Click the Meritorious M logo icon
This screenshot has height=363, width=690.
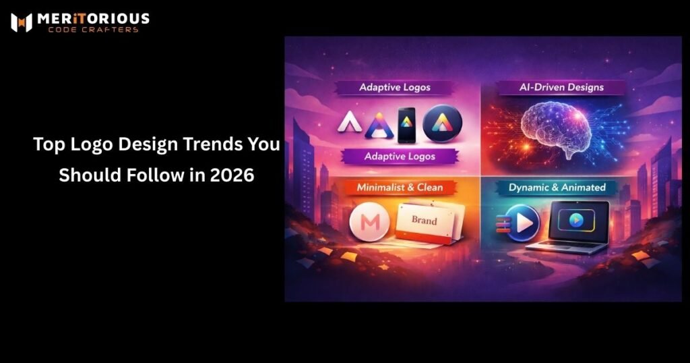point(22,22)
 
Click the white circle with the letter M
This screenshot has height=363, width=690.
point(369,224)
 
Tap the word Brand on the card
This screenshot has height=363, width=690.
point(424,221)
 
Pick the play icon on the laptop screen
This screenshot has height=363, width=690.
point(576,220)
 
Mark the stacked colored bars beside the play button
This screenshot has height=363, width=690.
point(502,225)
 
